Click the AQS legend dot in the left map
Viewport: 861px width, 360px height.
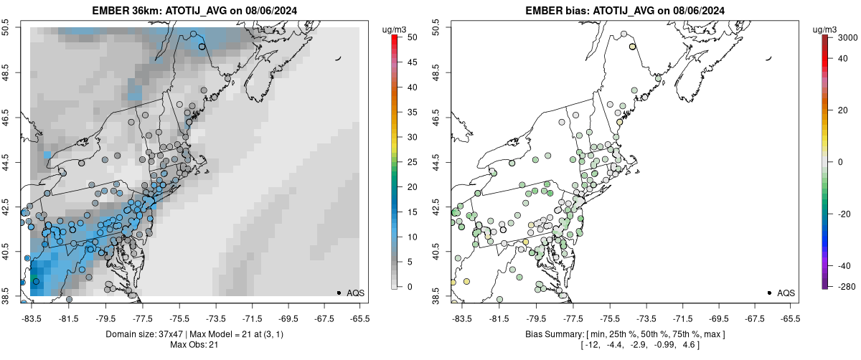click(339, 293)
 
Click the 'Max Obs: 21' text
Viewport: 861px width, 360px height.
click(194, 345)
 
